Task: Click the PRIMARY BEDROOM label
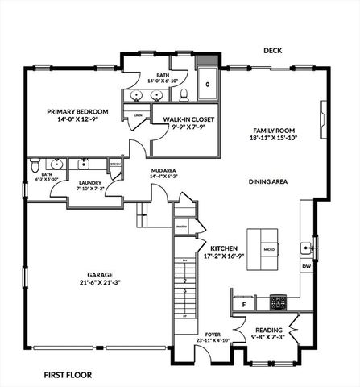coord(73,113)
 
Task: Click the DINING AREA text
coord(268,182)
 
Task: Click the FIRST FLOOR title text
coord(68,374)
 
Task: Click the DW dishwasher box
coord(306,265)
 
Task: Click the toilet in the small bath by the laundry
coord(35,167)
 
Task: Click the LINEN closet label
coord(138,117)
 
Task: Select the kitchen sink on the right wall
coord(307,246)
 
